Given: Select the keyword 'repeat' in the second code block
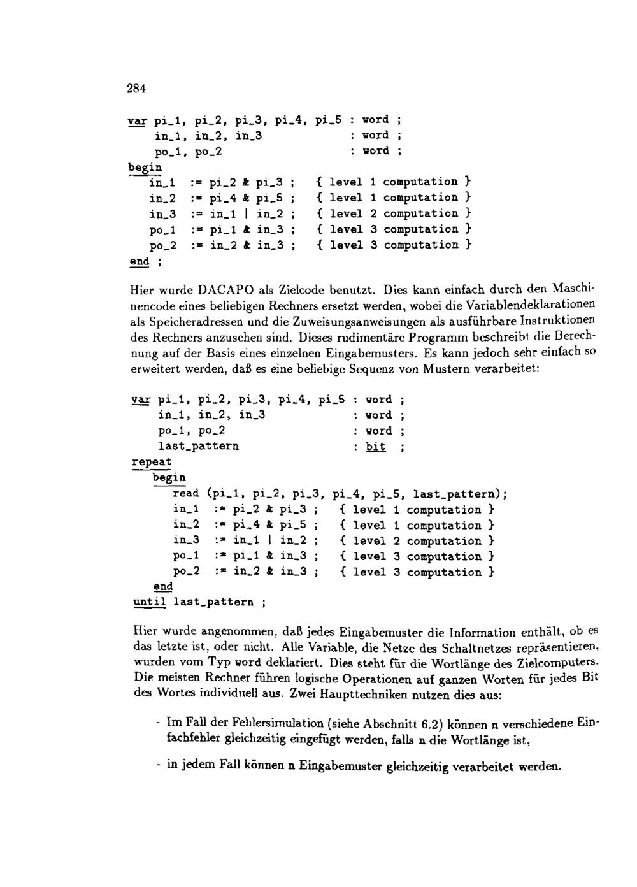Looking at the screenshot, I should (x=152, y=462).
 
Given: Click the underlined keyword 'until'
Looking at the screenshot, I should (x=150, y=602).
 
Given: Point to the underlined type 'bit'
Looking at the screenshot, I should (x=376, y=447).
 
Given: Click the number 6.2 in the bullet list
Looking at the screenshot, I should (x=432, y=725).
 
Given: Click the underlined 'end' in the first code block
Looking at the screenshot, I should (x=139, y=262).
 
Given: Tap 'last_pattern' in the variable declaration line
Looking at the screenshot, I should (x=199, y=447).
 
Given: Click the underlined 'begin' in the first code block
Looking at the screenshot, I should (x=145, y=168).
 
